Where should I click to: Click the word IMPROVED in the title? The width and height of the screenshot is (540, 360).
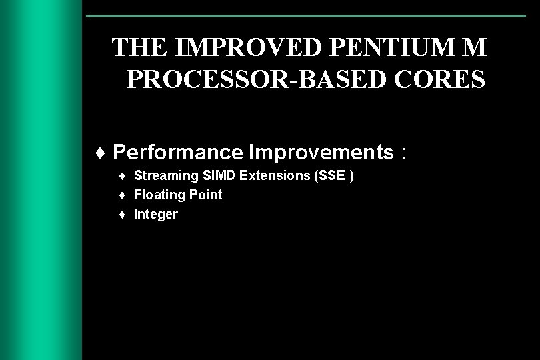point(216,48)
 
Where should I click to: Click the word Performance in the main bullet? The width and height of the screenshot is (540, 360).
point(178,153)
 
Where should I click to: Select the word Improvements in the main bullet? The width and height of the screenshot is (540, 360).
point(321,153)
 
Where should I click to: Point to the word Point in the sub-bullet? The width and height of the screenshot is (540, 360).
point(206,195)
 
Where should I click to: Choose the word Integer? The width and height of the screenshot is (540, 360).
point(156,214)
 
